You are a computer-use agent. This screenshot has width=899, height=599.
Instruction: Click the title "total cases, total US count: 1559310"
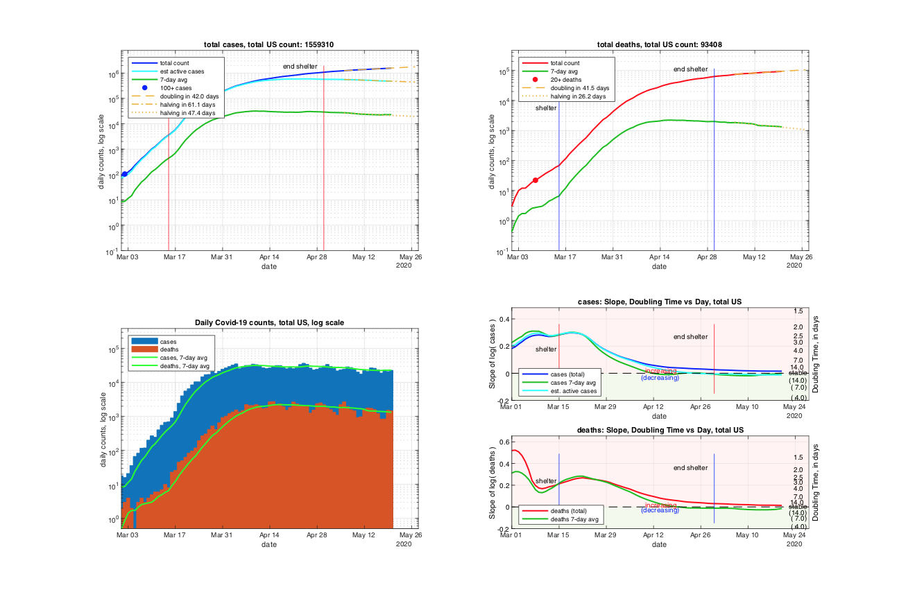click(273, 45)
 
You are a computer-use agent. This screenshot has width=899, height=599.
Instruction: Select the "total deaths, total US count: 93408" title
click(659, 45)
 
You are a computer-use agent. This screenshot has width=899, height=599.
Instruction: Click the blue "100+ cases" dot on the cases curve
click(124, 174)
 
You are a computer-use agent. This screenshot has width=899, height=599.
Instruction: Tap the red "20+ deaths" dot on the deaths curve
click(536, 180)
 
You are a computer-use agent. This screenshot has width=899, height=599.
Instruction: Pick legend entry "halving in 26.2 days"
click(578, 96)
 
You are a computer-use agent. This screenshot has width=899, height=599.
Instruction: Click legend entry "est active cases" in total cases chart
click(177, 71)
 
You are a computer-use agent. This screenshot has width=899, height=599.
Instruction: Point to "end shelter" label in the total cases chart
click(300, 66)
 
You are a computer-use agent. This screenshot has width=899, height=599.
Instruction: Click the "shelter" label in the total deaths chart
click(545, 108)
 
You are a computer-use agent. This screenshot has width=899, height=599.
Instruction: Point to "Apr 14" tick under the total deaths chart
click(659, 257)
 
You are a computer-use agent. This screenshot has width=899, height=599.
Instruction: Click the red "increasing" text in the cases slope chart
click(660, 371)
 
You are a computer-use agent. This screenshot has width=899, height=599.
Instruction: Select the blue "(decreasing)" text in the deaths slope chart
click(660, 510)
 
